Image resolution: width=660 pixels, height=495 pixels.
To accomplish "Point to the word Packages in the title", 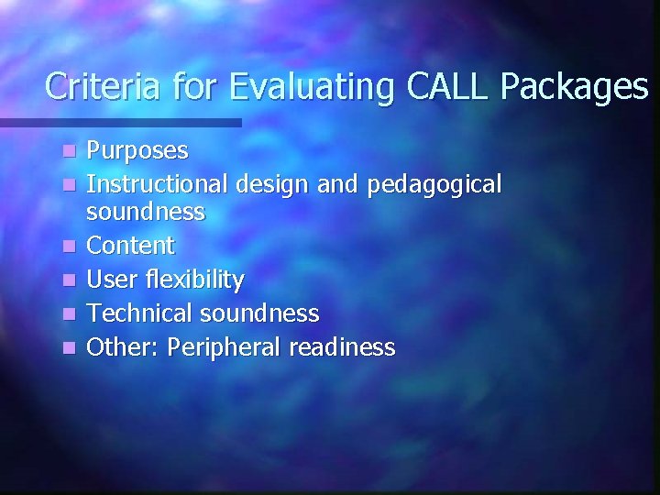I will click(576, 87).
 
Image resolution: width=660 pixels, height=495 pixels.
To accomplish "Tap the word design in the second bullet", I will click(266, 185).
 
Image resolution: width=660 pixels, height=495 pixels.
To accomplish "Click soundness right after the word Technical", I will click(257, 313).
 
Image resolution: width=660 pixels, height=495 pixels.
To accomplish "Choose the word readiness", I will click(343, 347).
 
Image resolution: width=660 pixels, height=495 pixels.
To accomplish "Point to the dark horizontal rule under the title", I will click(119, 122).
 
